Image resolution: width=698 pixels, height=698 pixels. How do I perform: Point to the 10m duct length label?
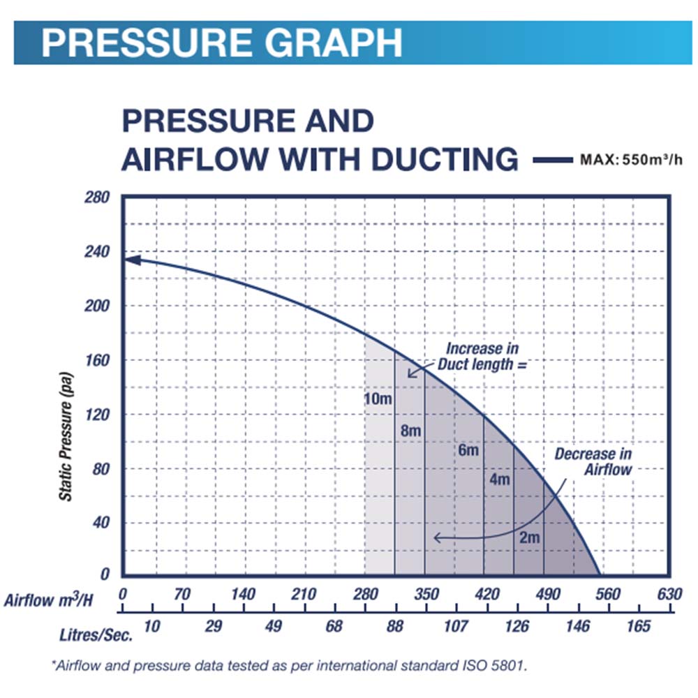point(378,399)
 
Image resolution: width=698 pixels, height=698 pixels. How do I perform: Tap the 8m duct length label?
point(410,431)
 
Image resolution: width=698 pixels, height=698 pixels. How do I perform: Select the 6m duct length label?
point(468,450)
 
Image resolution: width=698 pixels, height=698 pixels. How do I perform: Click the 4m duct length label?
point(500,480)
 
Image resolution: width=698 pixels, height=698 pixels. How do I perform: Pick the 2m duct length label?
point(530,537)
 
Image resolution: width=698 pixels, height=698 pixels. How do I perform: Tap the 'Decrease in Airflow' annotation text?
point(593,461)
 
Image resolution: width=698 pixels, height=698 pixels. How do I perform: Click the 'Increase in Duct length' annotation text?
point(482,356)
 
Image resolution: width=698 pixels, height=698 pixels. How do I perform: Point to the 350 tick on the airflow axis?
point(426,595)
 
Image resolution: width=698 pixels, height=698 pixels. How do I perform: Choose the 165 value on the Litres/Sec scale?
point(638,625)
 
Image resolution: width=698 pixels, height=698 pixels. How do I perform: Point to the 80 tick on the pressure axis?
point(103,468)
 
